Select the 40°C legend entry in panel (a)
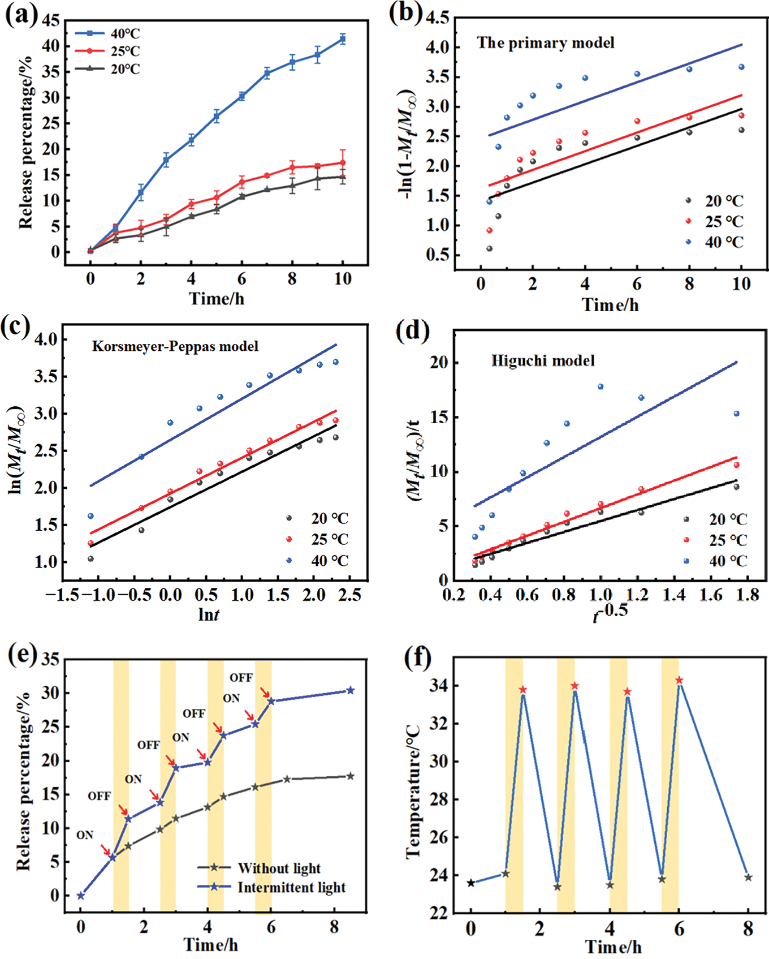coord(107,33)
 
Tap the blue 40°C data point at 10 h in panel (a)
coord(343,39)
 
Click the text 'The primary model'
coord(545,43)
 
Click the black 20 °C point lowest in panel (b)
coord(489,248)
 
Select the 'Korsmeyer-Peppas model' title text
coord(175,346)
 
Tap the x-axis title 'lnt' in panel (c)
coord(208,614)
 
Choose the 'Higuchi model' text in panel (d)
coord(542,360)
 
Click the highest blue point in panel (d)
coord(600,387)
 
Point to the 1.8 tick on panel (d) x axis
coord(748,595)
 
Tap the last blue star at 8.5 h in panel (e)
coord(350,690)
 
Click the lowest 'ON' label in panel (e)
coord(85,835)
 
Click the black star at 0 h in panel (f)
coord(470,883)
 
